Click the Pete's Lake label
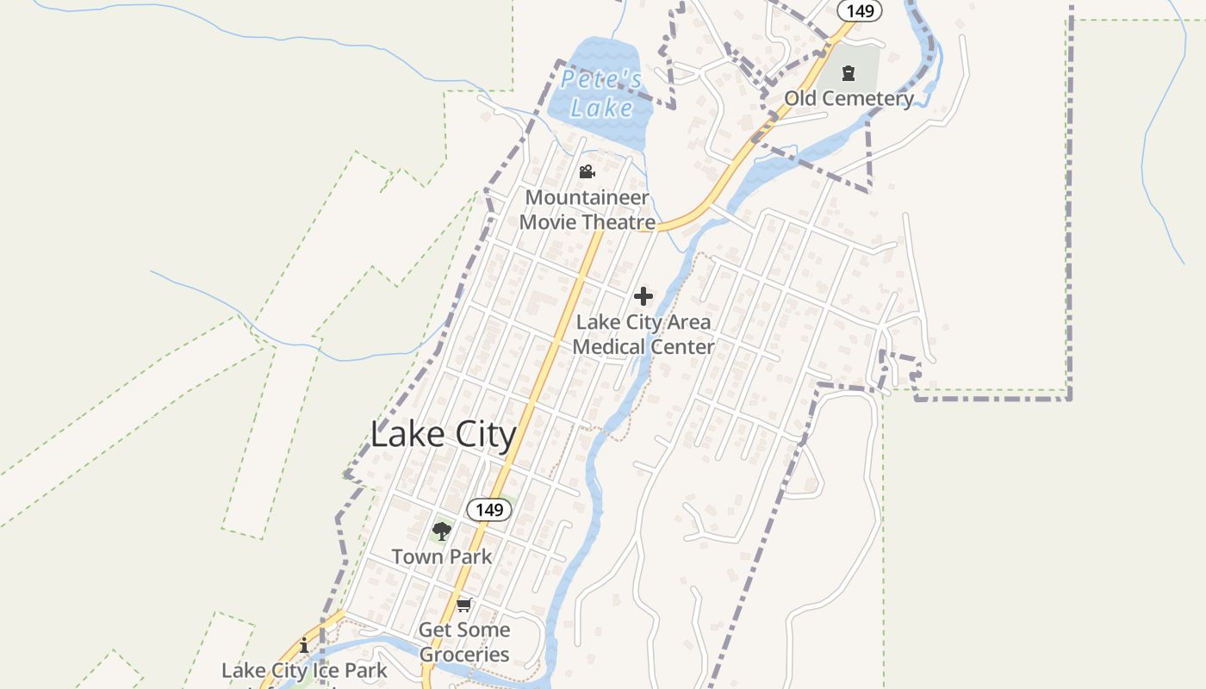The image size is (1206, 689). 601,94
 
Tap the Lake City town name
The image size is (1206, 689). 443,434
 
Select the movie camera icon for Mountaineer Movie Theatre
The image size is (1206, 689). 587,172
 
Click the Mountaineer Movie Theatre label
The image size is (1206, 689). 587,210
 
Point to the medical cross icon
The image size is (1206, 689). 643,297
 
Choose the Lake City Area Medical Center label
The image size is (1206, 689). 643,334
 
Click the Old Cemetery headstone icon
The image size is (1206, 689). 849,73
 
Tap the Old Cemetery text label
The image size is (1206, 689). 849,98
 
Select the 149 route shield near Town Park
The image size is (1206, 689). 489,510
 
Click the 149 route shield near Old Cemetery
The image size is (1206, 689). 860,10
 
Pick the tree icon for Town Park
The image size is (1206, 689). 442,531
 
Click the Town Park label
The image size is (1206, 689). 442,556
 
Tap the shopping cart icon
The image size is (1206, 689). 464,605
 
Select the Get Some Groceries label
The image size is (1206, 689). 464,642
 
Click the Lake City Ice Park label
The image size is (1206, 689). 304,670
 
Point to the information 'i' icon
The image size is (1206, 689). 304,645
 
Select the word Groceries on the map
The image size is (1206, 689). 464,655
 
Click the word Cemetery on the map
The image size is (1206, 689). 870,98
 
